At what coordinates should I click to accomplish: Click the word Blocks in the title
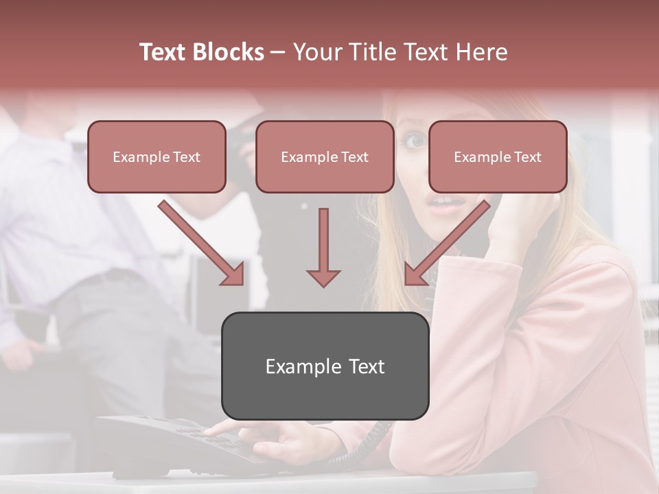pos(229,52)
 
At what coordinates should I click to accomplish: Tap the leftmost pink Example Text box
pos(157,156)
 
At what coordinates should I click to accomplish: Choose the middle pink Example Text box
pos(325,156)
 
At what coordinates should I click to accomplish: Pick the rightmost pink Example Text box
pos(498,156)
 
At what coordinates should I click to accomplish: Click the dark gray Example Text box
pos(325,366)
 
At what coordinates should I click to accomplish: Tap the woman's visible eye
pos(414,141)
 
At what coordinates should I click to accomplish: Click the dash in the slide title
pos(278,53)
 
